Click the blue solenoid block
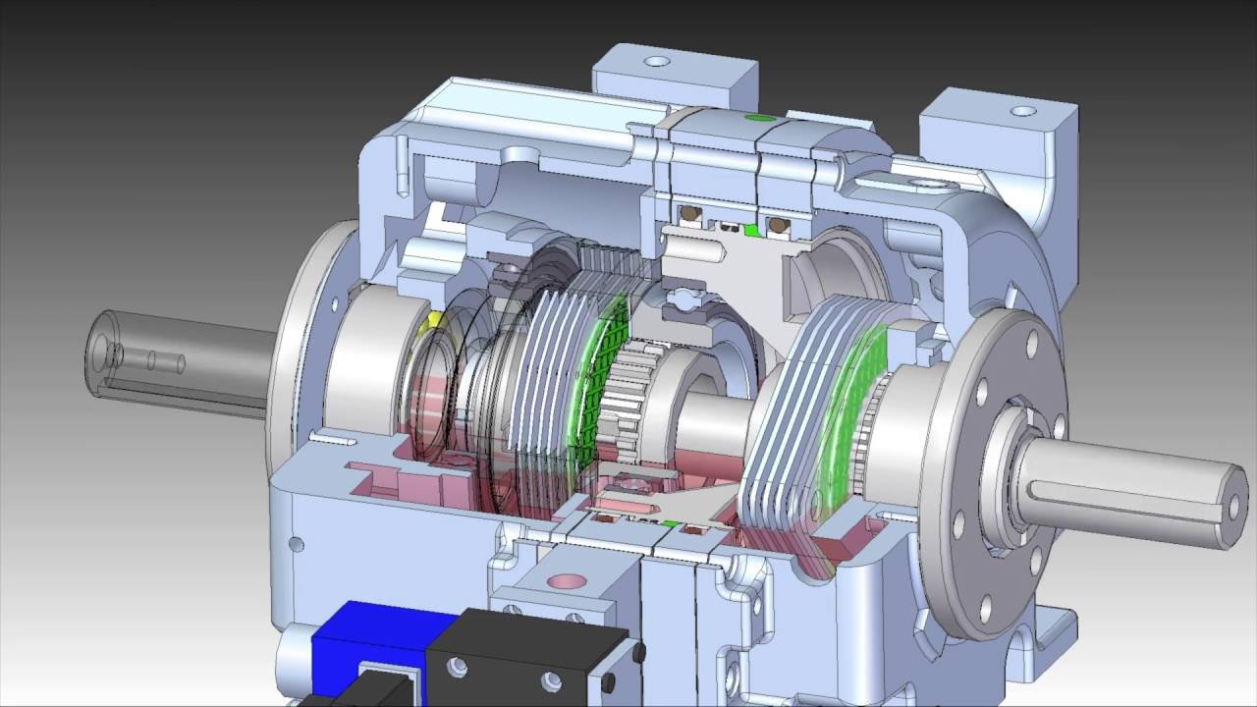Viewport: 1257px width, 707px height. click(368, 653)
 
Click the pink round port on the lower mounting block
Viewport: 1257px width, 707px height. click(566, 580)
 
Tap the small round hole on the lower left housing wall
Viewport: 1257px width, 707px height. click(296, 544)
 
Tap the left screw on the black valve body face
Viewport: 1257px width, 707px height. click(455, 668)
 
